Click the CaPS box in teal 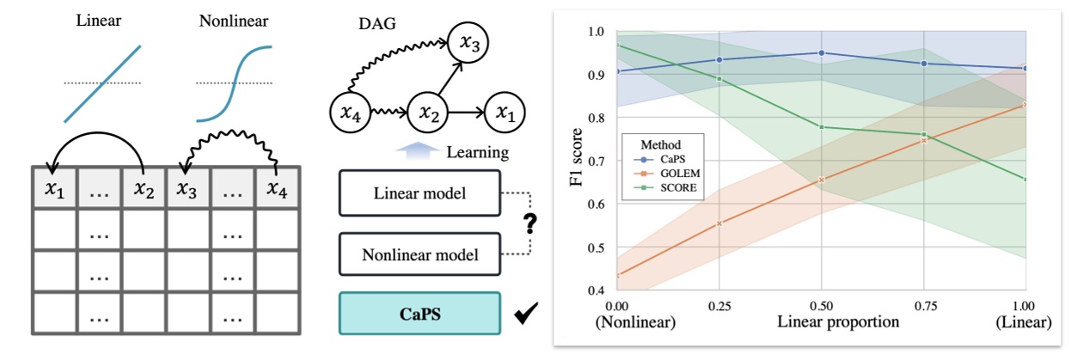pyautogui.click(x=419, y=314)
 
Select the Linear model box pyautogui.click(x=419, y=193)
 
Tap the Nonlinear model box pyautogui.click(x=419, y=254)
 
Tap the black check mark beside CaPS pyautogui.click(x=522, y=316)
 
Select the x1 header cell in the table pyautogui.click(x=54, y=188)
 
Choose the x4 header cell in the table pyautogui.click(x=277, y=188)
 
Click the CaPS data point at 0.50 pyautogui.click(x=822, y=52)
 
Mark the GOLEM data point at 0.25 pyautogui.click(x=719, y=223)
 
